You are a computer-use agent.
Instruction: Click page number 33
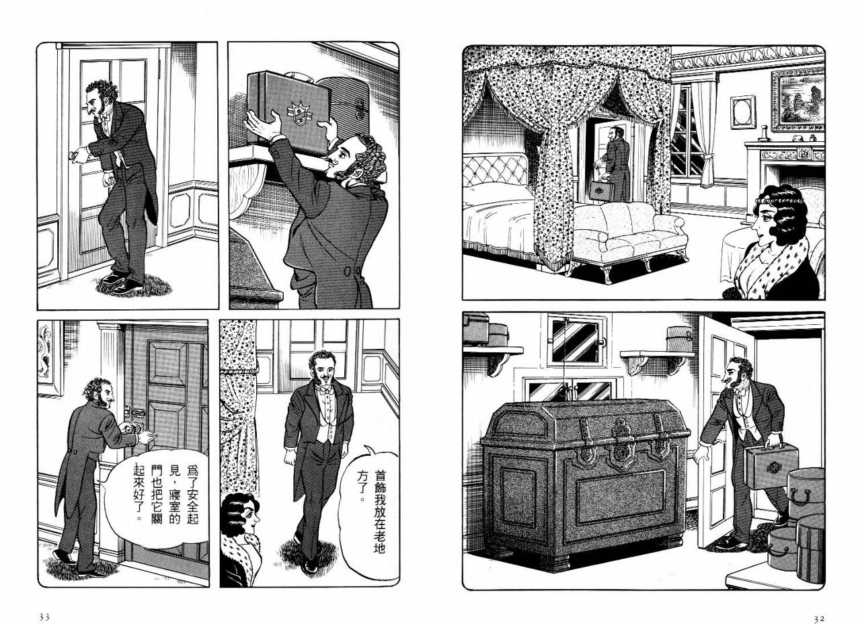[44, 607]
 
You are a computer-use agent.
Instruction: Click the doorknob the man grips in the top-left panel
[73, 155]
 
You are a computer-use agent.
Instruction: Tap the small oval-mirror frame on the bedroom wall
[742, 112]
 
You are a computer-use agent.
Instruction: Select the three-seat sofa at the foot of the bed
[627, 238]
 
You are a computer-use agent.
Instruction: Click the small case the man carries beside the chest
[771, 465]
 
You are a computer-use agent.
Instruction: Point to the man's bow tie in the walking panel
[324, 389]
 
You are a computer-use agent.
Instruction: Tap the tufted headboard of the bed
[496, 169]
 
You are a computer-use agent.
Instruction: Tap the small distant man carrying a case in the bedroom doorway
[613, 163]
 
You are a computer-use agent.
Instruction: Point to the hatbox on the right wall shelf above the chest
[680, 338]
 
